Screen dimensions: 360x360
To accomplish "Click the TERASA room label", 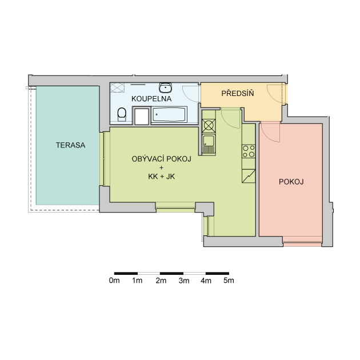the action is pos(70,145).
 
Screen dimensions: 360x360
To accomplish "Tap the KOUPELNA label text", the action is pos(151,99).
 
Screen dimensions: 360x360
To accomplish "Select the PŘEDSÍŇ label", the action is pos(238,93).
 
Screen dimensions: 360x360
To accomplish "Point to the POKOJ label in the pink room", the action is pos(291,182).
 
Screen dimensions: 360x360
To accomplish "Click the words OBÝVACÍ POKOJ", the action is pos(161,159).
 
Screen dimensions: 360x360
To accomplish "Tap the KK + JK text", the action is pos(161,177).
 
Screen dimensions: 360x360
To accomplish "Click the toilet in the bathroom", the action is pos(122,114).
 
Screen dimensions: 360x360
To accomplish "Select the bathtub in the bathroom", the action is pos(169,114).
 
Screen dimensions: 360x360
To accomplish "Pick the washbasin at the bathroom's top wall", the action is pos(165,87).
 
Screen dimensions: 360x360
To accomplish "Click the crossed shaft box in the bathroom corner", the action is pos(117,87).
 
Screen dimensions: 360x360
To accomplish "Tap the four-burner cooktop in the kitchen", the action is pos(249,151).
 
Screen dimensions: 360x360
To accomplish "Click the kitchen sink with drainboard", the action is pos(209,144).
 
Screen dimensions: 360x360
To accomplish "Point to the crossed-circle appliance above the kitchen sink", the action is pos(209,126).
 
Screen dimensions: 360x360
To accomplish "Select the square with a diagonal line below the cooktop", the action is pos(249,176).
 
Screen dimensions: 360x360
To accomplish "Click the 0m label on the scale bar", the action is pos(114,281).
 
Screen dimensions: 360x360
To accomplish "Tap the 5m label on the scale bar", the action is pos(229,281).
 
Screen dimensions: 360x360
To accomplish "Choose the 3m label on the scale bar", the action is pos(184,281).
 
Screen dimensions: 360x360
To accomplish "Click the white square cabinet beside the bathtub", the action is pos(142,117).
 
